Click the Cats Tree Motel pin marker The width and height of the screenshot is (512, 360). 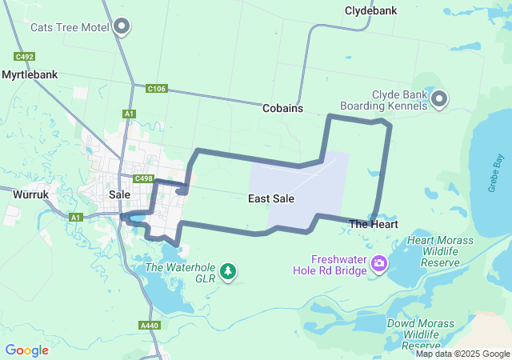[122, 27]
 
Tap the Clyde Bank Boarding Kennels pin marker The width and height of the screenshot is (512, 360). [439, 99]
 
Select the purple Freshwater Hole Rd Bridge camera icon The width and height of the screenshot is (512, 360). [379, 263]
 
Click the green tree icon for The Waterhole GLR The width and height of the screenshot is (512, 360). [229, 271]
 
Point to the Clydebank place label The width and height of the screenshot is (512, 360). [370, 11]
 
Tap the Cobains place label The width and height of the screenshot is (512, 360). [282, 108]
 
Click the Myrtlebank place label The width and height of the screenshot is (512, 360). [30, 74]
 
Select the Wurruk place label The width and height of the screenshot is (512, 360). [32, 194]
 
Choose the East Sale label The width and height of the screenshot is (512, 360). [271, 198]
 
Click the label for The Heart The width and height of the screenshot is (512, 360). [374, 225]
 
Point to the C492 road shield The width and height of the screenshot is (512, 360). [23, 57]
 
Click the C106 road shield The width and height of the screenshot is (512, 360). [157, 89]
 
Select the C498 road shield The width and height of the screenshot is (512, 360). [144, 178]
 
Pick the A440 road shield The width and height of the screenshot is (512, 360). [149, 326]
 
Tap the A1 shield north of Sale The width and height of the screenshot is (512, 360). [129, 114]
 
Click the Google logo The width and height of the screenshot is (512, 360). [27, 350]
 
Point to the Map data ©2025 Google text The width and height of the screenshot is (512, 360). [462, 354]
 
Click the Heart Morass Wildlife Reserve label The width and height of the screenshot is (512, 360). [440, 251]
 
